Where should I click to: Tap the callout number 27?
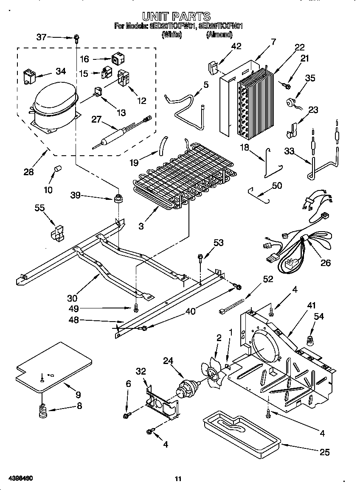tap(97, 120)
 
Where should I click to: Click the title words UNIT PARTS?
tap(176, 17)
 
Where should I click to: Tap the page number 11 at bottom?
tap(178, 479)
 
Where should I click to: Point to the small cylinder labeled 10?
tap(56, 171)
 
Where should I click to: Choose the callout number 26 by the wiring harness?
tap(325, 263)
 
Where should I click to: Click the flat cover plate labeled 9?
tap(53, 366)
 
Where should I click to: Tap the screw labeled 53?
tap(199, 258)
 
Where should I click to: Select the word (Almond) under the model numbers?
tap(219, 35)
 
